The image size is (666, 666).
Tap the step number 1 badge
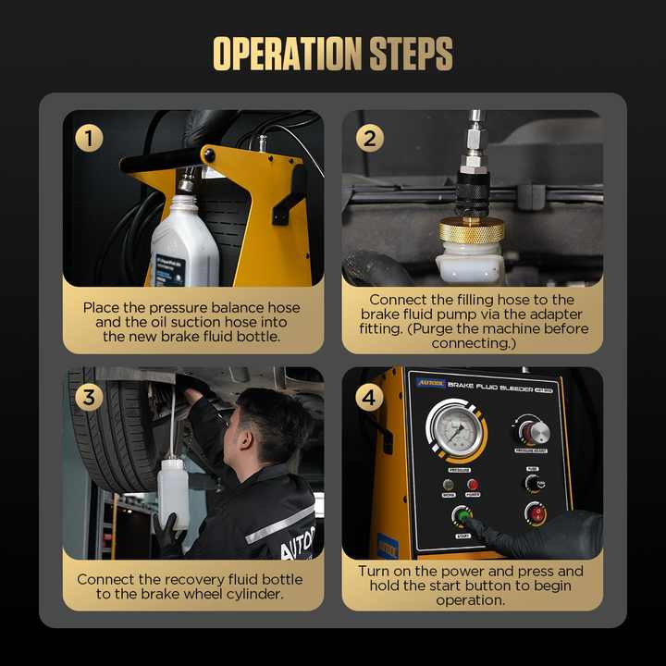89,139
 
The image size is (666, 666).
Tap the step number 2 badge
369,139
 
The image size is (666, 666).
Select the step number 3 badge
89,398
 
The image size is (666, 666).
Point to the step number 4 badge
369,398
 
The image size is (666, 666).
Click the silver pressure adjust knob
532,431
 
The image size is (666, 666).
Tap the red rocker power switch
536,512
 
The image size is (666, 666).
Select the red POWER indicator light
472,484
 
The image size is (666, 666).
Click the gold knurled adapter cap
472,230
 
